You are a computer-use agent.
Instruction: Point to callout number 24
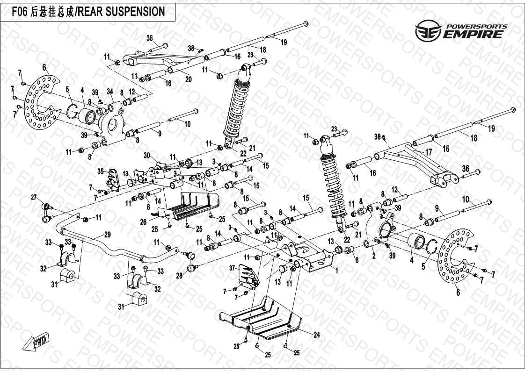click(317, 335)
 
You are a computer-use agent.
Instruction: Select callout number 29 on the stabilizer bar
click(107, 234)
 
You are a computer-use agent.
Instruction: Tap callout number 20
click(188, 79)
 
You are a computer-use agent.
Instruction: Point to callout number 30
click(146, 155)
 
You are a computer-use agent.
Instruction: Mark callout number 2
click(373, 256)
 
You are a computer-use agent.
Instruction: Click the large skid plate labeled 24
click(264, 318)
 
